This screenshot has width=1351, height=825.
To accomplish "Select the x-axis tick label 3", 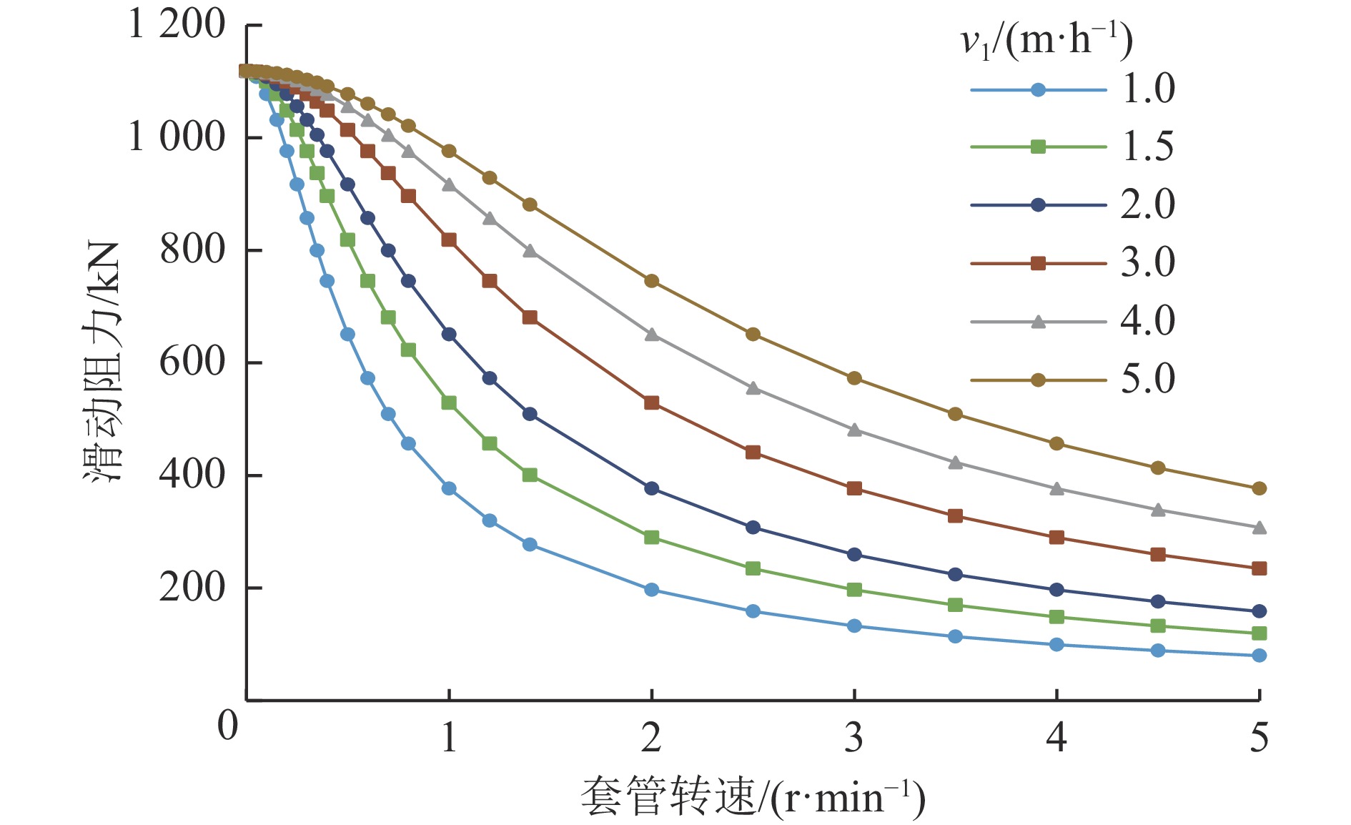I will click(853, 736).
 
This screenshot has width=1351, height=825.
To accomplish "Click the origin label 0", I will click(227, 725).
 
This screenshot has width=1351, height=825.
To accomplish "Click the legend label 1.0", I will click(1148, 89).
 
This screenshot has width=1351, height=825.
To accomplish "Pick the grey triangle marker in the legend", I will click(1038, 322).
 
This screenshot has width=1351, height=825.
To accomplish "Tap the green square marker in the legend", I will click(1038, 147).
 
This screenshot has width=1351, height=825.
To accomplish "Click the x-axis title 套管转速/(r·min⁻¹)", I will click(752, 797).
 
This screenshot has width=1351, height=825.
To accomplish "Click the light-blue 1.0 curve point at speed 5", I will click(1259, 656).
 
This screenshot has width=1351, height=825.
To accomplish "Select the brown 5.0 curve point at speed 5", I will click(1259, 488).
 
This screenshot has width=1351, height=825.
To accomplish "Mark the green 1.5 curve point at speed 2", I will click(651, 538).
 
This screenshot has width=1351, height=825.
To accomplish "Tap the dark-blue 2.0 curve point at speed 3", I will click(853, 555).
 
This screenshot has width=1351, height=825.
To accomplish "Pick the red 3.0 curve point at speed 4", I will click(1056, 538).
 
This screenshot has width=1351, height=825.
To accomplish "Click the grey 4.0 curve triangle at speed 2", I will click(651, 335).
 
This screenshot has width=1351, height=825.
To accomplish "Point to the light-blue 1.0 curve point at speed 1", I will click(449, 488).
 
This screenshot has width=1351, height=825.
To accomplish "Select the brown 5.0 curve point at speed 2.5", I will click(753, 335).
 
